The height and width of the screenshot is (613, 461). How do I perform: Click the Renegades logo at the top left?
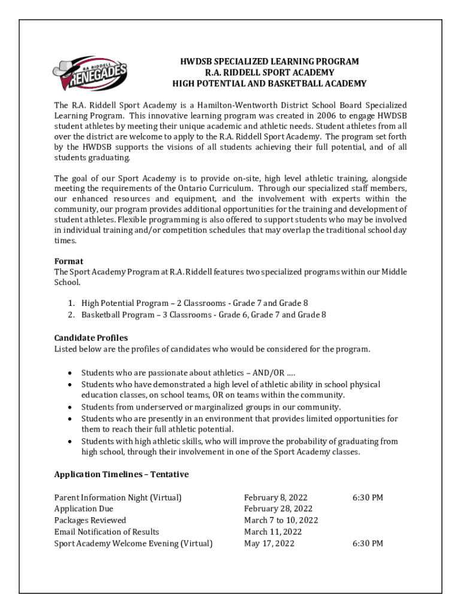click(90, 71)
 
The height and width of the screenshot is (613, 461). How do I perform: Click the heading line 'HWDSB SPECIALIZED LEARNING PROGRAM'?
click(269, 62)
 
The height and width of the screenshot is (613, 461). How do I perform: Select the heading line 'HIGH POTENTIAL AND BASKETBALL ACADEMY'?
click(269, 83)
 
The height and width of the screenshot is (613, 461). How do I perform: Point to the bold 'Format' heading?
click(69, 261)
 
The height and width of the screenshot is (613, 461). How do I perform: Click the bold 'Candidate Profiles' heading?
click(91, 338)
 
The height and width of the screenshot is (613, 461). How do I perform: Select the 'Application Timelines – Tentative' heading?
click(122, 474)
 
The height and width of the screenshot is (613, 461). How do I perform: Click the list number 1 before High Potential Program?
click(71, 304)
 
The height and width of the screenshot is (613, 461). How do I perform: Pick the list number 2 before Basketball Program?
click(71, 314)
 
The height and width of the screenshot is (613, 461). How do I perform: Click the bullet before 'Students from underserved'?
click(71, 407)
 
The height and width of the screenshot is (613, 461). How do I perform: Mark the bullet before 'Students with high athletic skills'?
click(71, 441)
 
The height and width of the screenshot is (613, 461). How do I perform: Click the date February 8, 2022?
click(275, 497)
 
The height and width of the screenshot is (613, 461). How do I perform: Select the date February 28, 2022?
click(278, 509)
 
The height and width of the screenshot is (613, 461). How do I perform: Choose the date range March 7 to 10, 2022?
click(281, 520)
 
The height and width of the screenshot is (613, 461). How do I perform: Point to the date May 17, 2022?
click(269, 544)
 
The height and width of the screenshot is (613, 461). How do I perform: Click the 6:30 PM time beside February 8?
click(368, 497)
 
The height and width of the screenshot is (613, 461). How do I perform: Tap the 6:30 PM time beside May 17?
click(368, 544)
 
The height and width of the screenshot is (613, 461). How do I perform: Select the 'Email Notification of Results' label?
click(107, 532)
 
